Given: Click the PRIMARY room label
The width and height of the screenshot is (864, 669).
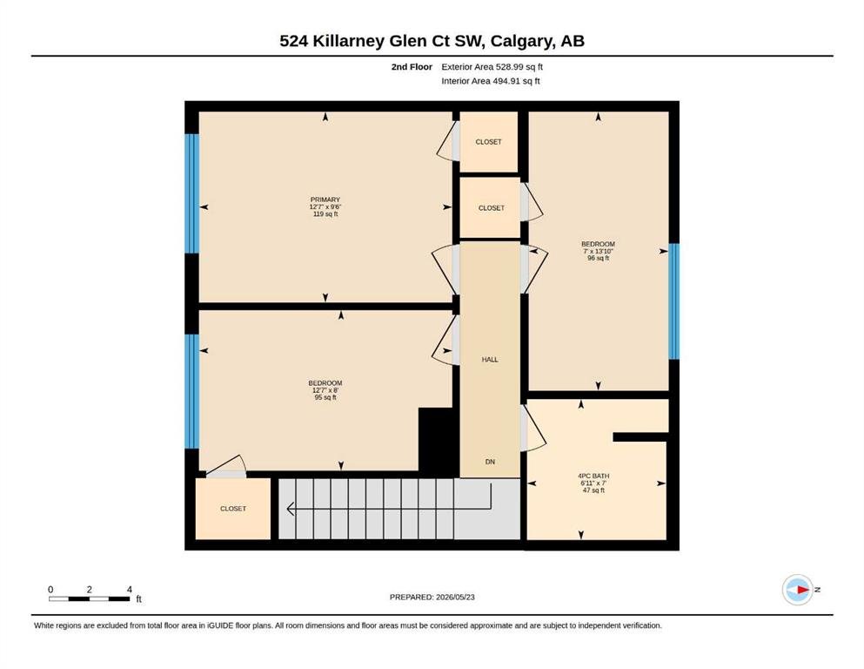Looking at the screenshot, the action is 325,199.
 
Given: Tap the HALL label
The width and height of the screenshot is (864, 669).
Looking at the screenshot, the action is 490,360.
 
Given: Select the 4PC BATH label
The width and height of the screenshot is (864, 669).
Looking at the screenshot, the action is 593,476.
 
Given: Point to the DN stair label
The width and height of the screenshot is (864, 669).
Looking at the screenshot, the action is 490,462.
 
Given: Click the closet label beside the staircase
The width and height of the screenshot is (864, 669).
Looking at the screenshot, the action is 233,509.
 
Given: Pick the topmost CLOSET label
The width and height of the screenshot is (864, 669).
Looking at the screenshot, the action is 489,142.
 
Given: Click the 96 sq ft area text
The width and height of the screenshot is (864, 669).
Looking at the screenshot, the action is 599,258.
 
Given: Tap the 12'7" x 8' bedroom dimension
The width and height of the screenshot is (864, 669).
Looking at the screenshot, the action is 325,390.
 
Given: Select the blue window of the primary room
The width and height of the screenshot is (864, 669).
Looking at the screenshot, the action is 191,193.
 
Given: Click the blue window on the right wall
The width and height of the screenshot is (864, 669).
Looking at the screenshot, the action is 674,301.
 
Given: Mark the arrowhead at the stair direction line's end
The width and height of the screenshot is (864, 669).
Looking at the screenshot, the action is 290,509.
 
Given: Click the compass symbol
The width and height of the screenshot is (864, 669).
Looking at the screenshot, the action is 798,590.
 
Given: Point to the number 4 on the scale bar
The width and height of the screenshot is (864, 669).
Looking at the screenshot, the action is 130,590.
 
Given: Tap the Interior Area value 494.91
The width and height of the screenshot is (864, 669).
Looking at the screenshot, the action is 506,81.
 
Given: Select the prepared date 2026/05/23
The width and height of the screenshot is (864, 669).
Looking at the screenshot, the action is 455,597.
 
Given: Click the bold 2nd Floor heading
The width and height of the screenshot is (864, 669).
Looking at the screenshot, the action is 412,67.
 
